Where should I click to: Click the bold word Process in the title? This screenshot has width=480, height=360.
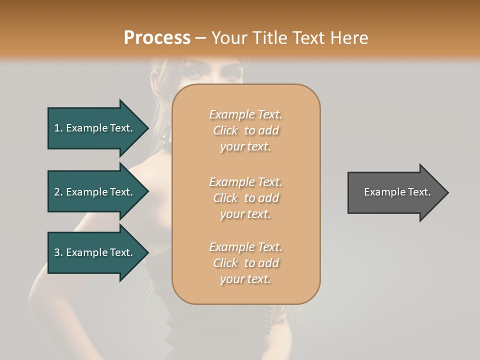click(157, 37)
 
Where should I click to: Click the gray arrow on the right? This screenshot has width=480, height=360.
click(395, 192)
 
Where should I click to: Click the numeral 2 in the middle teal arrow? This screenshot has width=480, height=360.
click(57, 192)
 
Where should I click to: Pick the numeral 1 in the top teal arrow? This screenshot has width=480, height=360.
click(57, 128)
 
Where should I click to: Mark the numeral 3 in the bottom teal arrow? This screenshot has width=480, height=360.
click(57, 252)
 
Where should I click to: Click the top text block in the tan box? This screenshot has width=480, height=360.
click(245, 130)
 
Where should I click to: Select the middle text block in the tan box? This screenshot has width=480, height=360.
click(245, 198)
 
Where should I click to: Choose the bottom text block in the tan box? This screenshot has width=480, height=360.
click(245, 263)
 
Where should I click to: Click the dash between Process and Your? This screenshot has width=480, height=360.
click(201, 38)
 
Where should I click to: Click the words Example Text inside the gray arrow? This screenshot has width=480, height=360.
click(397, 192)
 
